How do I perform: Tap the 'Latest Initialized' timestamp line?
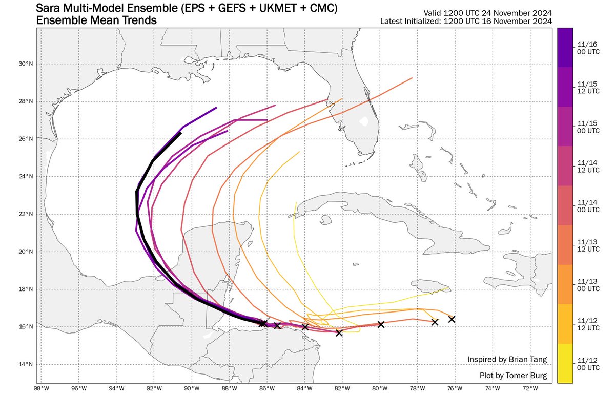click(x=466, y=22)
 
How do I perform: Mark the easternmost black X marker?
click(x=452, y=319)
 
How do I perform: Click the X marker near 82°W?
click(x=339, y=333)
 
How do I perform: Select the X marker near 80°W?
click(x=381, y=324)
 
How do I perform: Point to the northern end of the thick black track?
click(x=180, y=133)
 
